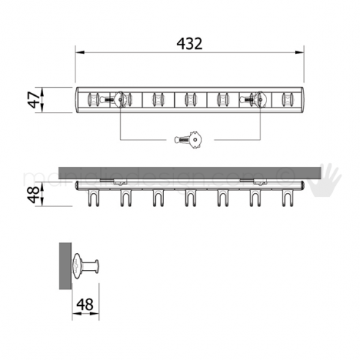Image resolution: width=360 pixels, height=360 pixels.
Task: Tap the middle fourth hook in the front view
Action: [x=190, y=197]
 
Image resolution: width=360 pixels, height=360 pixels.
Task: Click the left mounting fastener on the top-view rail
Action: [x=119, y=98]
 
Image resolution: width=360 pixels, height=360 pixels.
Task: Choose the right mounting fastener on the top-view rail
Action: [x=256, y=98]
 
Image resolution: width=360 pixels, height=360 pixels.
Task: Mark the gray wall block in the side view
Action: [x=64, y=265]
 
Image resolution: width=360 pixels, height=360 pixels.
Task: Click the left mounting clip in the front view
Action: [x=108, y=181]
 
